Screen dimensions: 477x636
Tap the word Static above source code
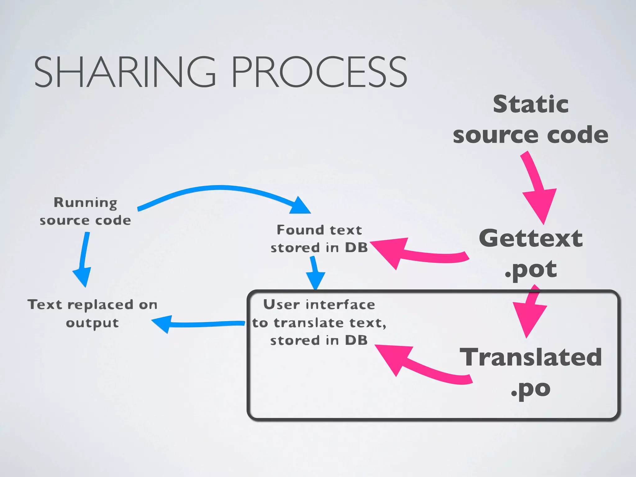click(x=531, y=104)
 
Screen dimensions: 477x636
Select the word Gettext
click(x=531, y=238)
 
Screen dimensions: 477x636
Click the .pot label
click(x=531, y=269)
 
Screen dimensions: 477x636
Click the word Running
click(x=85, y=202)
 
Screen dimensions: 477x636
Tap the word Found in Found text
click(x=296, y=230)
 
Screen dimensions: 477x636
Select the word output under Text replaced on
click(x=92, y=323)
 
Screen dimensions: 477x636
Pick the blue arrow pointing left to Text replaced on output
click(x=199, y=324)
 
